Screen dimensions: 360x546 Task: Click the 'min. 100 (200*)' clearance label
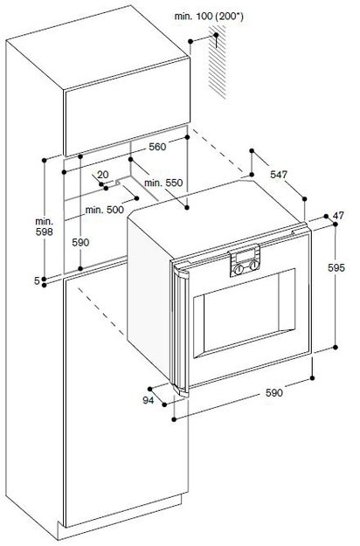pyautogui.click(x=209, y=17)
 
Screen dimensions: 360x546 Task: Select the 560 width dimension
pyautogui.click(x=157, y=147)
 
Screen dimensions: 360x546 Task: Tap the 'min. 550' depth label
pyautogui.click(x=163, y=183)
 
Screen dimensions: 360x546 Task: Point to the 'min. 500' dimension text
pyautogui.click(x=105, y=210)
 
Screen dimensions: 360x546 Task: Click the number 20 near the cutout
pyautogui.click(x=103, y=175)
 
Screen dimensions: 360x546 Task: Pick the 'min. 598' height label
pyautogui.click(x=45, y=226)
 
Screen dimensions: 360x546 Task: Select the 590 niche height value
pyautogui.click(x=80, y=243)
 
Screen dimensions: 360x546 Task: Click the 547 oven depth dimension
pyautogui.click(x=279, y=175)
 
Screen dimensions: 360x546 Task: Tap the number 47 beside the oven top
pyautogui.click(x=338, y=216)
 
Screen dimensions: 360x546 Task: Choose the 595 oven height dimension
pyautogui.click(x=336, y=268)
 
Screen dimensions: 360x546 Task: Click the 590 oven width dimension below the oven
pyautogui.click(x=274, y=393)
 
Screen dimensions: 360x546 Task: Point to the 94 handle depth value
pyautogui.click(x=148, y=400)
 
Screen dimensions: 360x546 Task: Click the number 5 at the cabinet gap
pyautogui.click(x=37, y=280)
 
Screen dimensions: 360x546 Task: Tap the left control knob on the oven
pyautogui.click(x=239, y=269)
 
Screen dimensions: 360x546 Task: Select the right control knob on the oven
pyautogui.click(x=254, y=266)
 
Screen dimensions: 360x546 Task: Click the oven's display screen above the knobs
pyautogui.click(x=246, y=256)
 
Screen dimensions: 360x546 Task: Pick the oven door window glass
pyautogui.click(x=245, y=311)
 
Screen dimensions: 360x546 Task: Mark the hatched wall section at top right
pyautogui.click(x=218, y=63)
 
